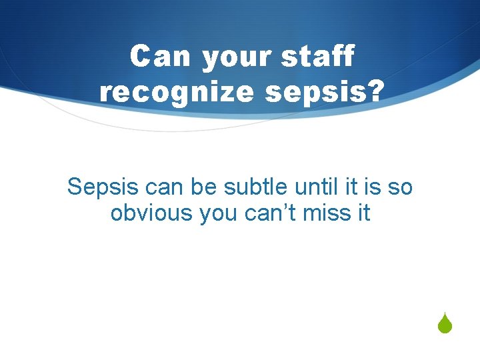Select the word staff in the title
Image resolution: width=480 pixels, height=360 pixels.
pos(317,57)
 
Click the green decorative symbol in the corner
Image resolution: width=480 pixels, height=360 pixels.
pos(446,325)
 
